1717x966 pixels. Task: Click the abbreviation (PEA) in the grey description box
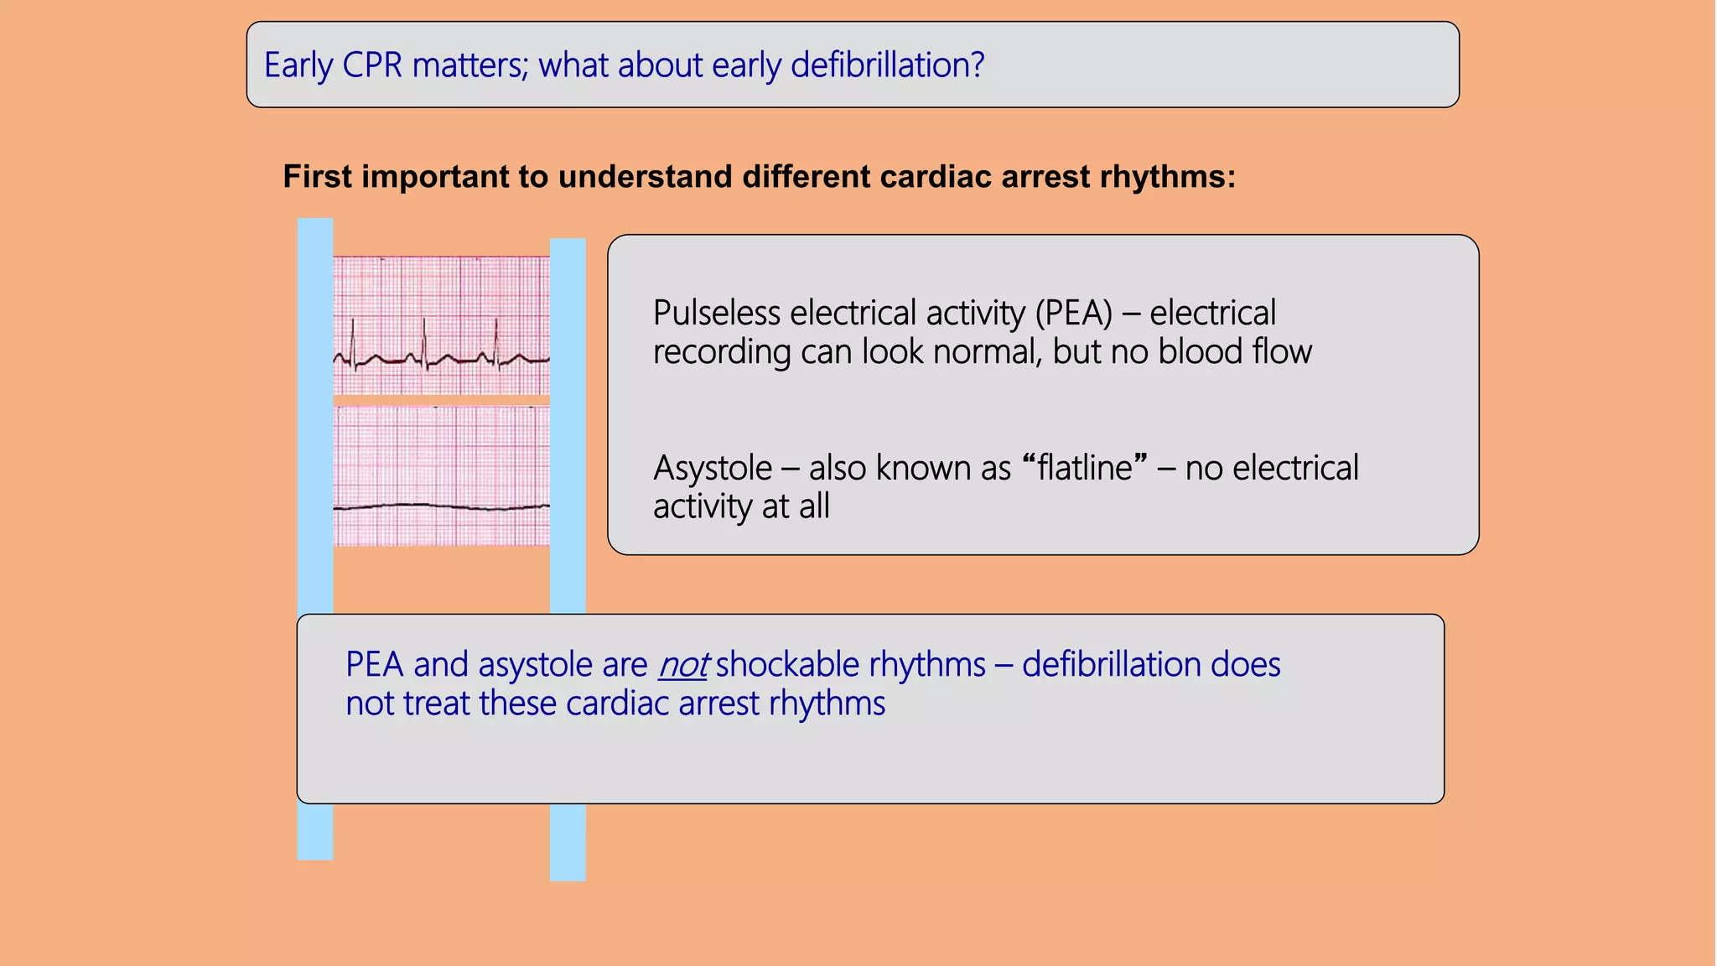(1073, 313)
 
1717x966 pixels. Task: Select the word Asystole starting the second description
(712, 468)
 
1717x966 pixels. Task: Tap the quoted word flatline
(1085, 468)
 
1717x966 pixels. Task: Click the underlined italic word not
(683, 665)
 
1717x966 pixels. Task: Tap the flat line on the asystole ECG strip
(441, 506)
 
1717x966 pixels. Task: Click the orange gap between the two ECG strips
(441, 400)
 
